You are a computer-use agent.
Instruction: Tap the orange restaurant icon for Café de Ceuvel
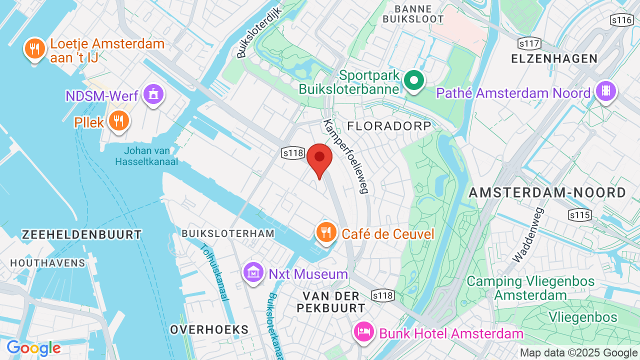click(326, 232)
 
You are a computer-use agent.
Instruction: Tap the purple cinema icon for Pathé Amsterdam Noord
click(606, 91)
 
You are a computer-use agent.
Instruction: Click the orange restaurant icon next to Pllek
click(118, 120)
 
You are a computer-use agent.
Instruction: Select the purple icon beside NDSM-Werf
click(153, 93)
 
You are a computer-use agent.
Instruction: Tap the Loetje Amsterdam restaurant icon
click(34, 48)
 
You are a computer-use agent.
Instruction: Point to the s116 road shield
click(621, 20)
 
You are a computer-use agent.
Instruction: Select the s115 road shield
click(579, 215)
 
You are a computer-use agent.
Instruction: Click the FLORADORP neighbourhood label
click(389, 125)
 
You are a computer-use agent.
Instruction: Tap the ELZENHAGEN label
click(554, 58)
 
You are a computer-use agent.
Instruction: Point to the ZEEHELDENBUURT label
click(82, 234)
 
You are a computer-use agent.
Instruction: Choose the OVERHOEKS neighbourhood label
click(209, 329)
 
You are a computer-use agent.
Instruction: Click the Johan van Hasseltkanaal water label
click(146, 156)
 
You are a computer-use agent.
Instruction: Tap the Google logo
click(33, 348)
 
